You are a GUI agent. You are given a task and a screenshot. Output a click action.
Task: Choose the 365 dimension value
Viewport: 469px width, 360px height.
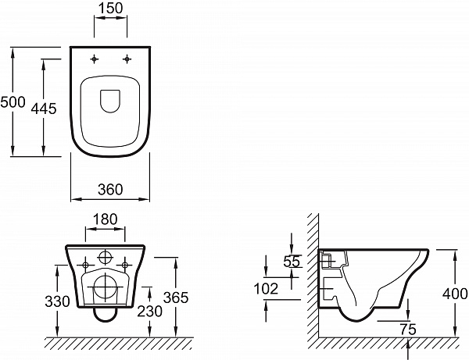click(177, 298)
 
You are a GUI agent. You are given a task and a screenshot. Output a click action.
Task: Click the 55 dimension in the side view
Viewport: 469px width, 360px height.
click(292, 262)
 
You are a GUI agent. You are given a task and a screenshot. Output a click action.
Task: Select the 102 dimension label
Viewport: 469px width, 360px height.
click(266, 289)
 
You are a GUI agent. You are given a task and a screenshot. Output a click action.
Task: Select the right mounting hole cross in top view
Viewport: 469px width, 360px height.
click(124, 60)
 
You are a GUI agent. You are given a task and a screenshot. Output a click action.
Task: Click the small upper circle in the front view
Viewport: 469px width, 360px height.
click(106, 258)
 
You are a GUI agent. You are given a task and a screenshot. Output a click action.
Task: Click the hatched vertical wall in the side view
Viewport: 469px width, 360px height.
click(313, 273)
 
